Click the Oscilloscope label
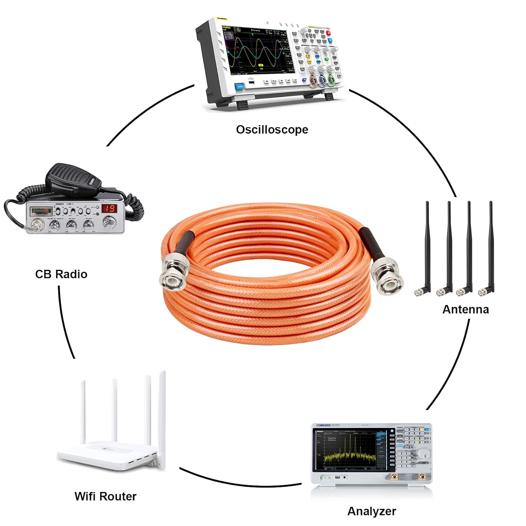tap(272, 130)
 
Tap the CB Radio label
tap(61, 274)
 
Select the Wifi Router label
tap(105, 496)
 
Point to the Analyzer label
tap(371, 511)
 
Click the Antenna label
tap(465, 309)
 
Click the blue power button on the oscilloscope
tap(240, 86)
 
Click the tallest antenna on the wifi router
tap(162, 417)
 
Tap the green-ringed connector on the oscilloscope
tap(331, 81)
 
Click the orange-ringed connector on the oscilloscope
tap(313, 82)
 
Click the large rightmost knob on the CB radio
tap(109, 221)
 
